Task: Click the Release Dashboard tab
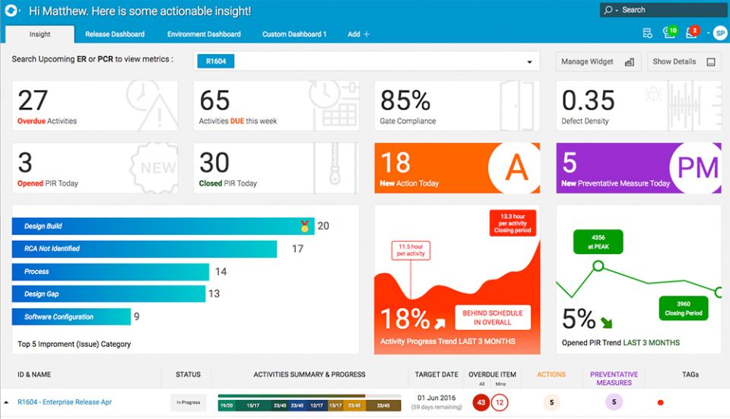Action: coord(115,34)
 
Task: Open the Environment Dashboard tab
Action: coord(204,34)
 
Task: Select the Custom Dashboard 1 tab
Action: coord(294,34)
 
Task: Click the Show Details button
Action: coord(684,62)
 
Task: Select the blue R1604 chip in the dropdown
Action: coord(215,62)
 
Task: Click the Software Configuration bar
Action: coord(71,316)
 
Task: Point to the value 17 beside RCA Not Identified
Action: coord(297,249)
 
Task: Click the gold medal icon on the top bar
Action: coord(305,226)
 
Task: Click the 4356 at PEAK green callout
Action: coord(598,241)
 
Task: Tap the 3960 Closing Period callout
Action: coord(683,308)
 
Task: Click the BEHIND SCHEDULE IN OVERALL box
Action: coord(492,317)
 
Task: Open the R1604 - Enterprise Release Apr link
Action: coord(64,402)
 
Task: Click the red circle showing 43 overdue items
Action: coord(481,402)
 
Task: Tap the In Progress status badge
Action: coord(188,402)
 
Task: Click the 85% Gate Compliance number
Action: coord(405,100)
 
